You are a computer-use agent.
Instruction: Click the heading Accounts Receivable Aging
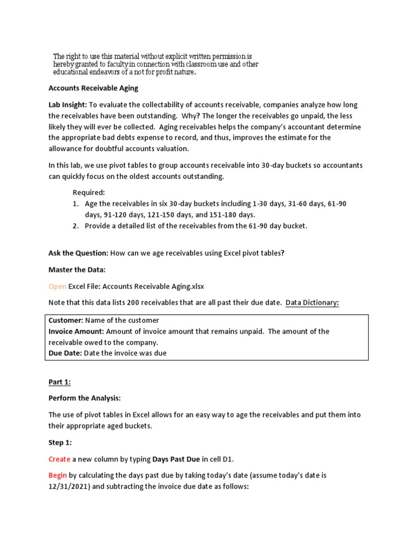pos(93,88)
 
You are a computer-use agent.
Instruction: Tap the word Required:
pos(89,192)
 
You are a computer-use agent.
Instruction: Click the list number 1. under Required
pos(76,204)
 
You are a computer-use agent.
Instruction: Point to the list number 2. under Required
pos(76,226)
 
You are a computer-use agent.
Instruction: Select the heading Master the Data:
pos(77,270)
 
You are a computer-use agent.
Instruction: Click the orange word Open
pos(58,286)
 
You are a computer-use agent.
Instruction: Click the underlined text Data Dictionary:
pos(312,302)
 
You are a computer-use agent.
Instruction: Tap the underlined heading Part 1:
pos(60,382)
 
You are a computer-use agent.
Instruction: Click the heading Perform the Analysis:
pos(84,398)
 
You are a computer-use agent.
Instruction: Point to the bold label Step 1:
pos(60,442)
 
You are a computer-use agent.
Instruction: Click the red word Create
pos(59,459)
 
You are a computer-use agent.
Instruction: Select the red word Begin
pos(58,475)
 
